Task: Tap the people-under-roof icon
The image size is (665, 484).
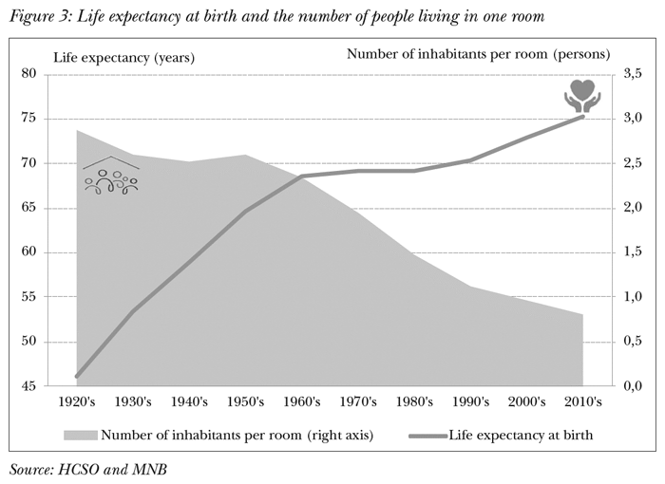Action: point(111,176)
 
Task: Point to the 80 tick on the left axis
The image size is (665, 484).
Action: point(54,74)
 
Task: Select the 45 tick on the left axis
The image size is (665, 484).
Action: point(54,386)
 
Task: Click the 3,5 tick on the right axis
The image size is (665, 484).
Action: point(631,74)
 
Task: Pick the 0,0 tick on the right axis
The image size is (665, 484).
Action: point(631,386)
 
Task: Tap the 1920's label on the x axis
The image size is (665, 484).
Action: point(77,402)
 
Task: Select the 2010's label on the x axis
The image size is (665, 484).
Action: point(582,402)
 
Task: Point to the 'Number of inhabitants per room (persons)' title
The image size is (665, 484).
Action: point(478,54)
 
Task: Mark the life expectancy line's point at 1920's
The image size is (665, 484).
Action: point(77,376)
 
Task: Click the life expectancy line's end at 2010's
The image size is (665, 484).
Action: point(582,116)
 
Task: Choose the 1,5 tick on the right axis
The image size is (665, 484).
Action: point(631,252)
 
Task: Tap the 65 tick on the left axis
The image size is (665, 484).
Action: point(54,208)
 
